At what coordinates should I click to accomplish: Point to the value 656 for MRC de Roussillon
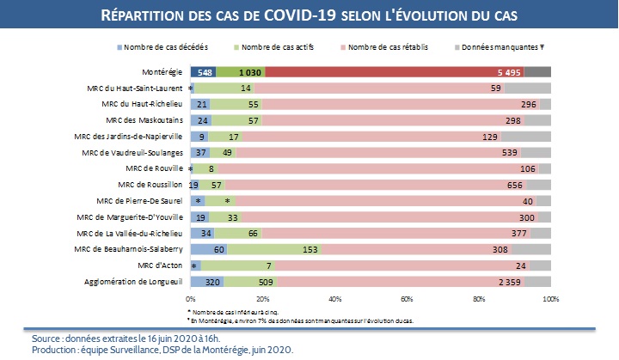pos(515,184)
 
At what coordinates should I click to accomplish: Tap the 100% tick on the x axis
pos(551,298)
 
